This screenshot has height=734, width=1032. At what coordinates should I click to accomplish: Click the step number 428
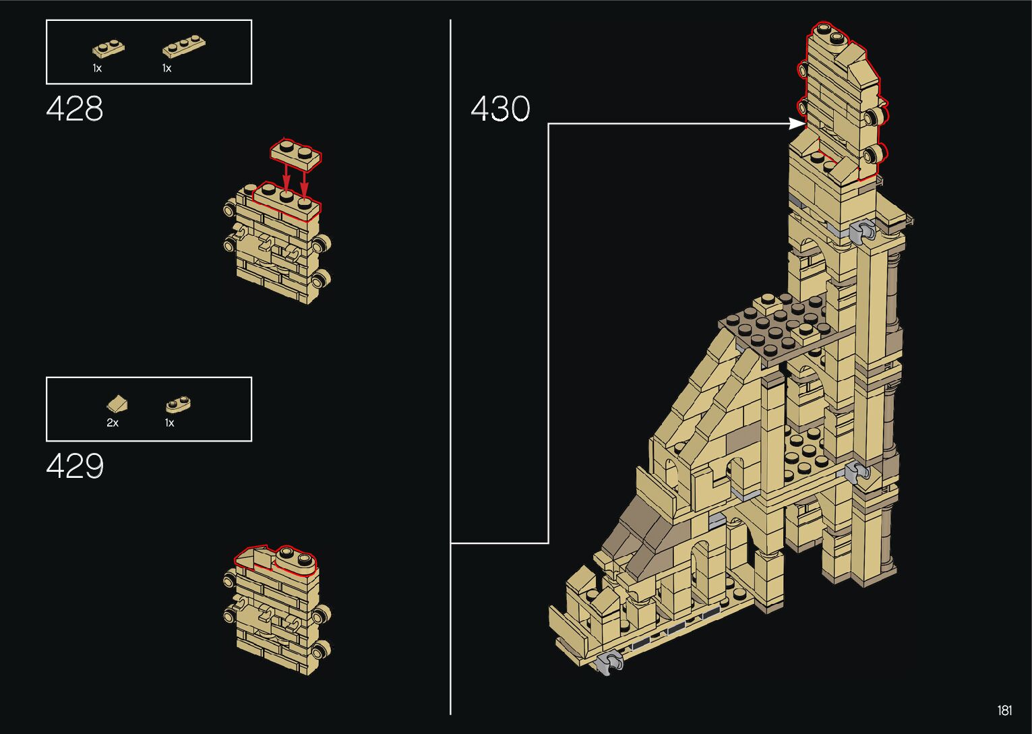[74, 109]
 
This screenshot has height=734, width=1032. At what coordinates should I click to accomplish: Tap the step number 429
[75, 466]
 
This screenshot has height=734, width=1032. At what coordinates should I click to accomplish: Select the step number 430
[500, 109]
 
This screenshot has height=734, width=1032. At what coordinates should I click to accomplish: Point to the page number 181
[1004, 710]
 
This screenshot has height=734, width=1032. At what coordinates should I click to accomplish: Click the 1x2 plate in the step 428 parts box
[108, 49]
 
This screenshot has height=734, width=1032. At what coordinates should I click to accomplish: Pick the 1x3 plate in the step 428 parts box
[183, 47]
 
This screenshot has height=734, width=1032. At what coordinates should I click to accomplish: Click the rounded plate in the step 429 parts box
[179, 404]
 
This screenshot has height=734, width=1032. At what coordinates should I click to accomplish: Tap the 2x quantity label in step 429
[113, 423]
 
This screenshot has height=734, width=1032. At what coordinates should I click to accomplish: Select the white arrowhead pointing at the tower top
[797, 124]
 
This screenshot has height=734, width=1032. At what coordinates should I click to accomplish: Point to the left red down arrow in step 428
[286, 179]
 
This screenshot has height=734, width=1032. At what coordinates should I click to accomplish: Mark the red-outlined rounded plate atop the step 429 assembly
[295, 560]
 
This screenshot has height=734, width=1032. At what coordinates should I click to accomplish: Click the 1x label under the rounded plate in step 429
[169, 423]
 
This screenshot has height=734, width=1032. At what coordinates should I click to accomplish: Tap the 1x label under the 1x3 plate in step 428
[166, 69]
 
